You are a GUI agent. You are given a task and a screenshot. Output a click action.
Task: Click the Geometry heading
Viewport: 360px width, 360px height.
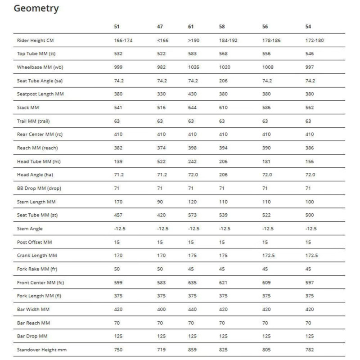pyautogui.click(x=36, y=9)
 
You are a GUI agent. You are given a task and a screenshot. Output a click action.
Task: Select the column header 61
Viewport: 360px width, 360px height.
pyautogui.click(x=191, y=27)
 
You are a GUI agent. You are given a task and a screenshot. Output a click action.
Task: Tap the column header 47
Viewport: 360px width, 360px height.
pyautogui.click(x=160, y=27)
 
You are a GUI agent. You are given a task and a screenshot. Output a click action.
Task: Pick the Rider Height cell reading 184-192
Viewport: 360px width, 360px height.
pyautogui.click(x=228, y=40)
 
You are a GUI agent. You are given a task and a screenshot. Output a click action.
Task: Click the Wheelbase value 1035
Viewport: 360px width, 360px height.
pyautogui.click(x=194, y=67)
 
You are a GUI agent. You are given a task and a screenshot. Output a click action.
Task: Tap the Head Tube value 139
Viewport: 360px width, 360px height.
pyautogui.click(x=119, y=162)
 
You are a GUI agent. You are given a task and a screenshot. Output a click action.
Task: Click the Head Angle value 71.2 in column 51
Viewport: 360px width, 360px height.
pyautogui.click(x=119, y=175)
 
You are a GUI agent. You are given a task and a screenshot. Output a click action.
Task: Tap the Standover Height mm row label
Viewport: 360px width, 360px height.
pyautogui.click(x=42, y=350)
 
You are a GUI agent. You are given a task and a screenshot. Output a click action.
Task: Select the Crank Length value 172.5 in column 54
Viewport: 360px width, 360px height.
pyautogui.click(x=311, y=256)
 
